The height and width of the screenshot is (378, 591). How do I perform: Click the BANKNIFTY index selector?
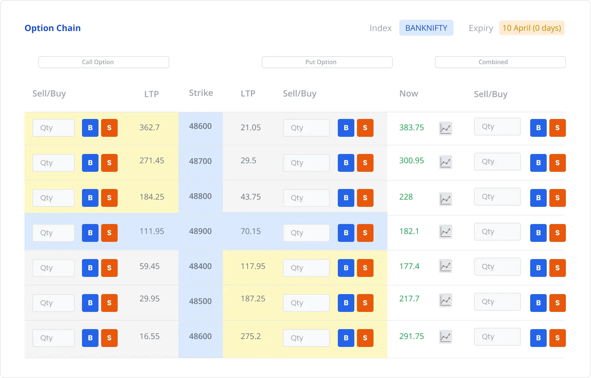pyautogui.click(x=426, y=28)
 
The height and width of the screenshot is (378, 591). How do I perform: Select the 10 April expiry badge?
pyautogui.click(x=532, y=28)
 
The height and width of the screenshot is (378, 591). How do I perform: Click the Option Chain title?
pyautogui.click(x=53, y=28)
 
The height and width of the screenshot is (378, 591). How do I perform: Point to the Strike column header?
pyautogui.click(x=201, y=93)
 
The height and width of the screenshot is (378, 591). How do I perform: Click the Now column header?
pyautogui.click(x=409, y=94)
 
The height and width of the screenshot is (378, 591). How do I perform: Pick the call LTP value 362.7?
pyautogui.click(x=149, y=128)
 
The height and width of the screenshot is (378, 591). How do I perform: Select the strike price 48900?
pyautogui.click(x=200, y=231)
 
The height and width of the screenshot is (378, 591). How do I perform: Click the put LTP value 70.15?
pyautogui.click(x=251, y=231)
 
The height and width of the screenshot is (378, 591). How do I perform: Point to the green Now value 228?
pyautogui.click(x=406, y=197)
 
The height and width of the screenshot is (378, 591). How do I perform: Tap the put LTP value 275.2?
pyautogui.click(x=251, y=336)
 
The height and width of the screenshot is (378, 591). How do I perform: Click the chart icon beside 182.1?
pyautogui.click(x=446, y=232)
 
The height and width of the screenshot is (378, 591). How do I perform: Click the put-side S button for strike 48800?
pyautogui.click(x=365, y=198)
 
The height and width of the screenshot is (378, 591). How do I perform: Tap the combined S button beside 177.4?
pyautogui.click(x=557, y=268)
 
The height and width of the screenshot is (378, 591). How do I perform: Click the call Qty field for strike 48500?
pyautogui.click(x=54, y=303)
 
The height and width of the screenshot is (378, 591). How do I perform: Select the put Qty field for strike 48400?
pyautogui.click(x=306, y=268)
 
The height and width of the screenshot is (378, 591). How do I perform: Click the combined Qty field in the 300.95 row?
pyautogui.click(x=497, y=162)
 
